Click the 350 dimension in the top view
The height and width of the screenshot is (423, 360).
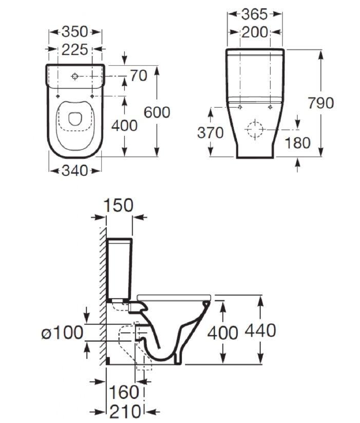pyautogui.click(x=75, y=32)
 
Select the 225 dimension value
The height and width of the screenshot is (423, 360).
pyautogui.click(x=75, y=50)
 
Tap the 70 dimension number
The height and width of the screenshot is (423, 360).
pyautogui.click(x=139, y=75)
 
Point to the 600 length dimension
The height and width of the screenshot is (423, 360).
pyautogui.click(x=157, y=112)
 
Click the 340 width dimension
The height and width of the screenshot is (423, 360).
pyautogui.click(x=75, y=170)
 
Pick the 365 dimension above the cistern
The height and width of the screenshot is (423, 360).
pyautogui.click(x=255, y=14)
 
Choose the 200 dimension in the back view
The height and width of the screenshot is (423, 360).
pyautogui.click(x=255, y=32)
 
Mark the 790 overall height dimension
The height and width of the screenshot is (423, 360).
pyautogui.click(x=321, y=103)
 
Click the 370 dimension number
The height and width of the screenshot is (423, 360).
pyautogui.click(x=211, y=133)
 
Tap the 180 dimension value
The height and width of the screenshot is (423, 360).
pyautogui.click(x=298, y=143)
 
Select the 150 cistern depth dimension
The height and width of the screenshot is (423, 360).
pyautogui.click(x=119, y=205)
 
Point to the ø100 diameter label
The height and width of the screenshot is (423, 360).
pyautogui.click(x=63, y=332)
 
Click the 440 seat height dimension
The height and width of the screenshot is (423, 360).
pyautogui.click(x=260, y=330)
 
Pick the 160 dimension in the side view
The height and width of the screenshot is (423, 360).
pyautogui.click(x=124, y=392)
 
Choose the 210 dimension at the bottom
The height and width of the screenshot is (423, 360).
pyautogui.click(x=125, y=412)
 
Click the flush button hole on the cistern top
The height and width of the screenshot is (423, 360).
pyautogui.click(x=75, y=76)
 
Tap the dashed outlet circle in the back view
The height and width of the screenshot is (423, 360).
pyautogui.click(x=255, y=130)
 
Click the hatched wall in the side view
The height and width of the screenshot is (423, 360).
pyautogui.click(x=103, y=296)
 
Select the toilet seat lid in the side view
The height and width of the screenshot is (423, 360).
pyautogui.click(x=174, y=297)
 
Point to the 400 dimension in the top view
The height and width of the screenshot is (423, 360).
pyautogui.click(x=124, y=126)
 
